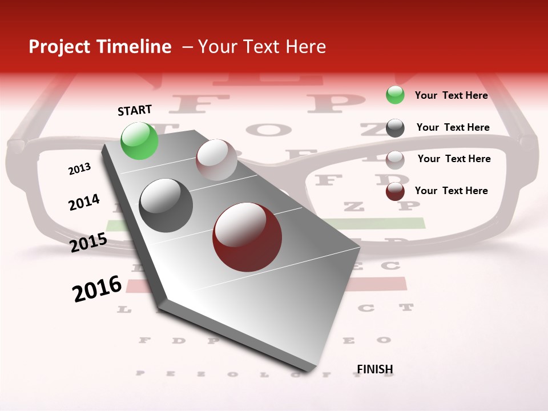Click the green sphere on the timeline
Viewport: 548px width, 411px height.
[x=140, y=140]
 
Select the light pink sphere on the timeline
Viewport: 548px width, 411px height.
[x=216, y=160]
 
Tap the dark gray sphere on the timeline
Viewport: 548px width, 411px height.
[x=166, y=205]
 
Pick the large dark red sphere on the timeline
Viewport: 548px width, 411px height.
[x=247, y=237]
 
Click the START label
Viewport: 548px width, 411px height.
[x=135, y=110]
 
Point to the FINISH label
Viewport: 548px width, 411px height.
[x=375, y=369]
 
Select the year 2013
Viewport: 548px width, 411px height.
[x=79, y=169]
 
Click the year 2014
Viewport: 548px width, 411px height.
[x=84, y=203]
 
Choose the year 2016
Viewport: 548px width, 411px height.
[x=97, y=289]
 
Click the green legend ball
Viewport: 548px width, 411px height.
[x=395, y=95]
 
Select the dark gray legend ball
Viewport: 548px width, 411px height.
[x=395, y=127]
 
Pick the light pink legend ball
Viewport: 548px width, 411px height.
[x=395, y=159]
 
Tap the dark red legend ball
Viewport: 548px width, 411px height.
[x=395, y=191]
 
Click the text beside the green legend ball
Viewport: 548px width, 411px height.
[x=451, y=95]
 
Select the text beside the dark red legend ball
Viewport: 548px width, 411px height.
[x=451, y=191]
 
